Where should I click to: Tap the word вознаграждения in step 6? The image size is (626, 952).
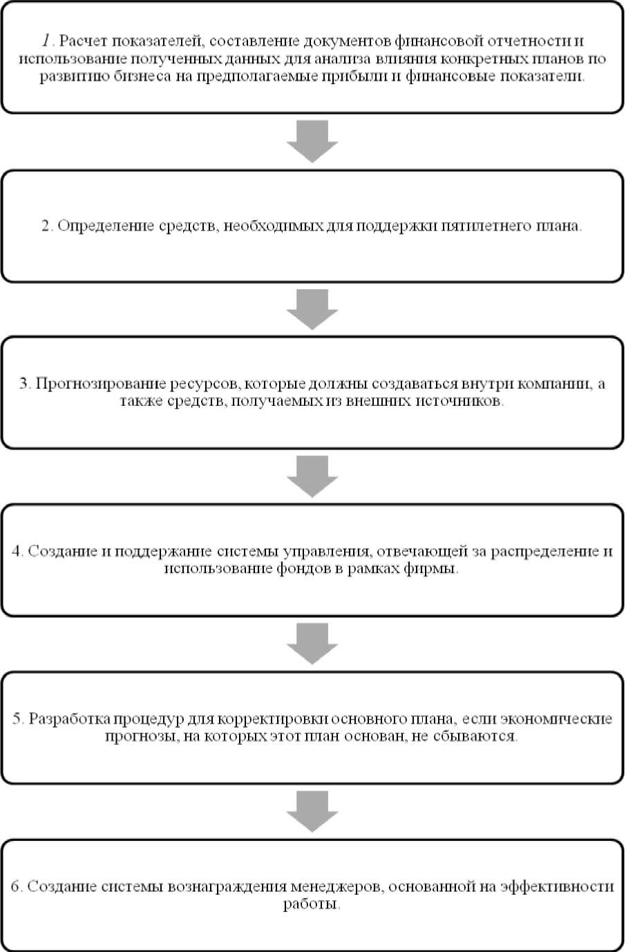tap(225, 887)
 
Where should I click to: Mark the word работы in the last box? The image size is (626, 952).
tap(312, 904)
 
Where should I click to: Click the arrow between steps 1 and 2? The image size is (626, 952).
tap(312, 142)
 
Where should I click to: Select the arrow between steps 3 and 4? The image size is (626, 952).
tap(312, 476)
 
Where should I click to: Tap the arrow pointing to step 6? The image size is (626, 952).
tap(312, 811)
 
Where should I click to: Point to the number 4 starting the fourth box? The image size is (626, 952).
tap(17, 552)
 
